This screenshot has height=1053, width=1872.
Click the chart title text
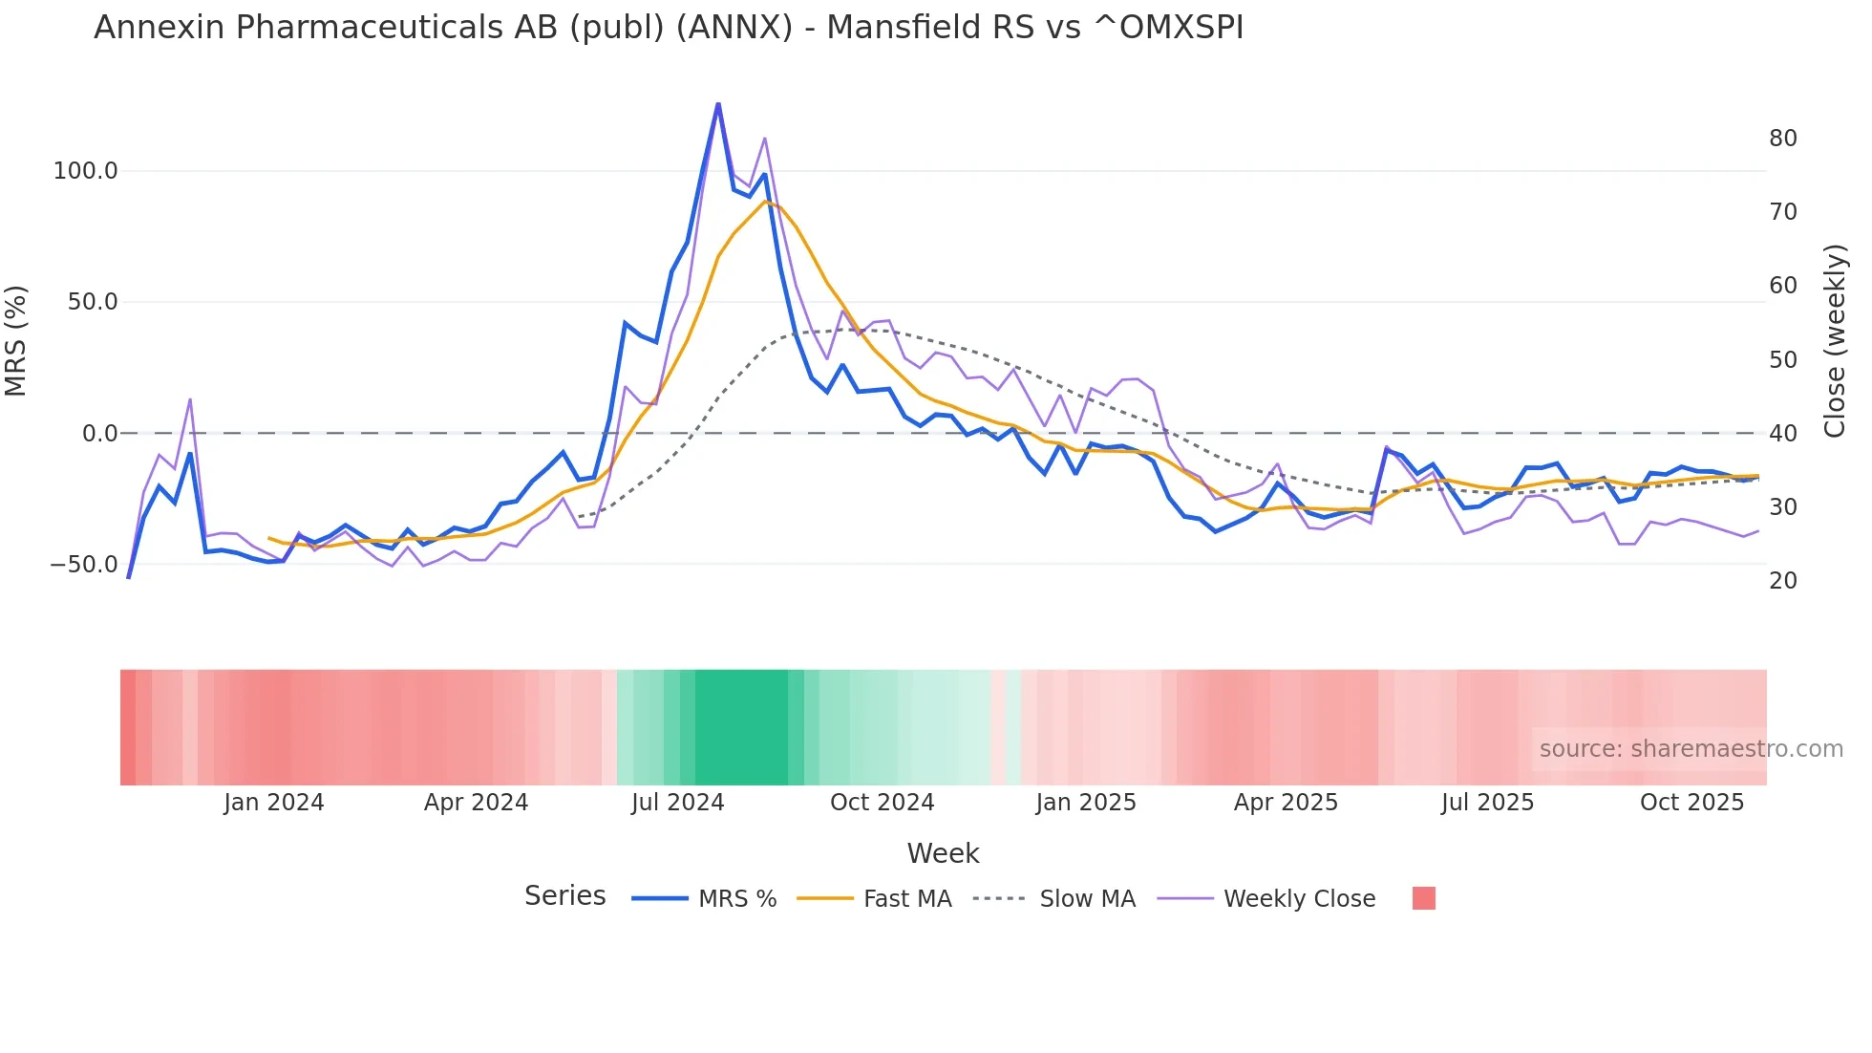(x=669, y=28)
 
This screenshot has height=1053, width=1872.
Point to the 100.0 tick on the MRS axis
(x=85, y=171)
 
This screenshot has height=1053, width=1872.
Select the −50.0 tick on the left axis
(x=83, y=565)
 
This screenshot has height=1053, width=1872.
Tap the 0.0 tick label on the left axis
(x=99, y=434)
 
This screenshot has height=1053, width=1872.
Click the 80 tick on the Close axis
(x=1782, y=139)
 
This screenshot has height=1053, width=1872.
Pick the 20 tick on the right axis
(x=1782, y=581)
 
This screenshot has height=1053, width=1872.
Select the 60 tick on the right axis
(x=1782, y=286)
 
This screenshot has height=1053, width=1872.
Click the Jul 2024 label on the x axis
(x=677, y=803)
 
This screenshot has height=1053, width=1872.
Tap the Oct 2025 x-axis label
(x=1691, y=803)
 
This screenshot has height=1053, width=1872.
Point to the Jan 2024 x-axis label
(x=274, y=803)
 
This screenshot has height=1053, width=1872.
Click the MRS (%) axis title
(x=16, y=340)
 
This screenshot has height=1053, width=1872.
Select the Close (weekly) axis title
(x=1835, y=341)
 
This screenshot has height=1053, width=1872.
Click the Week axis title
(x=943, y=853)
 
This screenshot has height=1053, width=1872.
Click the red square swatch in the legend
(x=1423, y=898)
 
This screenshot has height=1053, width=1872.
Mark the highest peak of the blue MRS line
(x=718, y=104)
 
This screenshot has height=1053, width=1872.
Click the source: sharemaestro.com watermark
(x=1691, y=749)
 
